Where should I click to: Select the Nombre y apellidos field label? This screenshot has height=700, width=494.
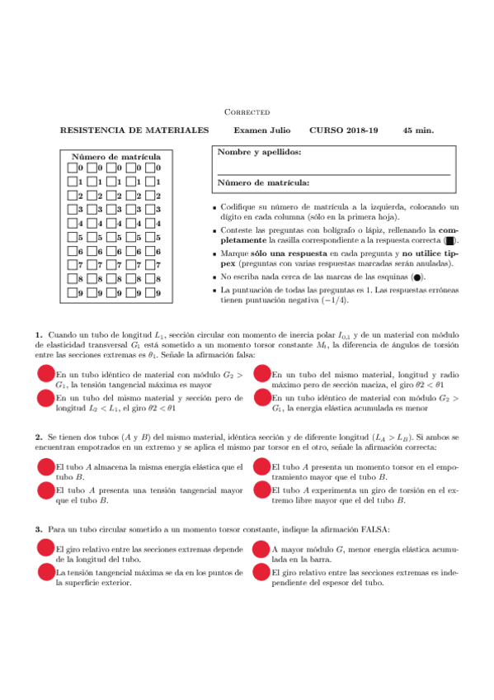click(258, 152)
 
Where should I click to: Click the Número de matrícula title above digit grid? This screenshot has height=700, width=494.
click(116, 156)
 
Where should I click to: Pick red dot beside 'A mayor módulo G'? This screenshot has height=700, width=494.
click(262, 550)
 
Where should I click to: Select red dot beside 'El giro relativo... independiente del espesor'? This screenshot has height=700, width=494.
click(262, 572)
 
